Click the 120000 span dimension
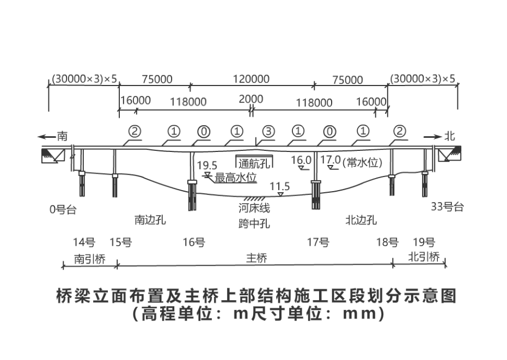click(251, 79)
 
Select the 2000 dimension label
click(251, 99)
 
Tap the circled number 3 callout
click(268, 131)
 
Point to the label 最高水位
click(235, 178)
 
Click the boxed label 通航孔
click(254, 162)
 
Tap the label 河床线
click(254, 208)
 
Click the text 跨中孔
click(254, 223)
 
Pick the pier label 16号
click(193, 243)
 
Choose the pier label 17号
click(317, 243)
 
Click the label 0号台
click(63, 209)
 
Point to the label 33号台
click(447, 207)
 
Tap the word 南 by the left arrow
click(63, 136)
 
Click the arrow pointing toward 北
click(433, 136)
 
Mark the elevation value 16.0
click(301, 160)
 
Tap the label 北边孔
click(361, 220)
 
